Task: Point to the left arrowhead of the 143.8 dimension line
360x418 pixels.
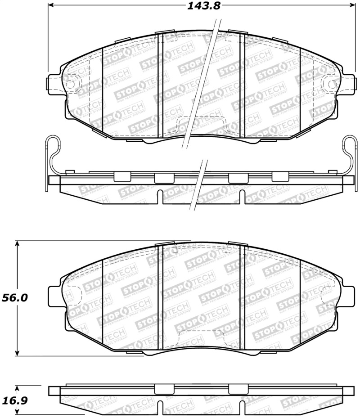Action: pyautogui.click(x=51, y=6)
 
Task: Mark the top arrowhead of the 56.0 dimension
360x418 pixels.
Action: pyautogui.click(x=18, y=243)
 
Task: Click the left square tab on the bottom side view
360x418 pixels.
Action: pyautogui.click(x=161, y=389)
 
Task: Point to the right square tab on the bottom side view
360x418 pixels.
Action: pyautogui.click(x=235, y=389)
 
